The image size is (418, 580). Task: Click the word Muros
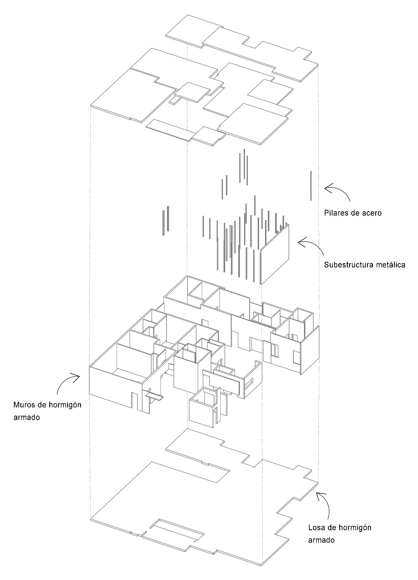(24, 405)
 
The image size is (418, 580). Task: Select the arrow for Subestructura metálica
(312, 246)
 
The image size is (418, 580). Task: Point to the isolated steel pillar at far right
(311, 186)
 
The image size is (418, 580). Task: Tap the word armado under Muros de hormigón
(26, 417)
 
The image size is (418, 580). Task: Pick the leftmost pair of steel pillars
(166, 220)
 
